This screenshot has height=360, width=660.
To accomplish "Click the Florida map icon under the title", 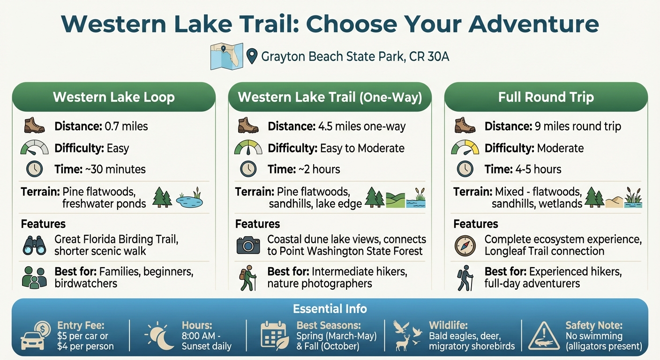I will coord(226,56).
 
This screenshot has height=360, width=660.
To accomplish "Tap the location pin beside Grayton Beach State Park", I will coord(252,57).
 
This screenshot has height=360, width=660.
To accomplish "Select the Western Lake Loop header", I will coord(114,97).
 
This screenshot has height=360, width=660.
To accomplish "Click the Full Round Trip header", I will coord(546,97).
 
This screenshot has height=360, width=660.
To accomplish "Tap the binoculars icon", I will coord(34,245).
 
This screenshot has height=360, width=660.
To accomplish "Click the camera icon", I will coord(248,245).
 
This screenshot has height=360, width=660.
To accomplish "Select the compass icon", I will coord(465,245).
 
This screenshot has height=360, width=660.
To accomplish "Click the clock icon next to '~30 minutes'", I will coord(34,169).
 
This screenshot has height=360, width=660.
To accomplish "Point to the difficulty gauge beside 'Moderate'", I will coord(465,148).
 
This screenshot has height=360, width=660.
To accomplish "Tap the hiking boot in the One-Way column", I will coord(248,126).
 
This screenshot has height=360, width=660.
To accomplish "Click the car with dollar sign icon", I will coord(35,336).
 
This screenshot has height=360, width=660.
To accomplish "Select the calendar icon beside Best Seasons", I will coord(274,336).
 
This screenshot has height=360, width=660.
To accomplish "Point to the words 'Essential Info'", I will coord(330,309).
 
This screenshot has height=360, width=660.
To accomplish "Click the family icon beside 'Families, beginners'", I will coord(34,277).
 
